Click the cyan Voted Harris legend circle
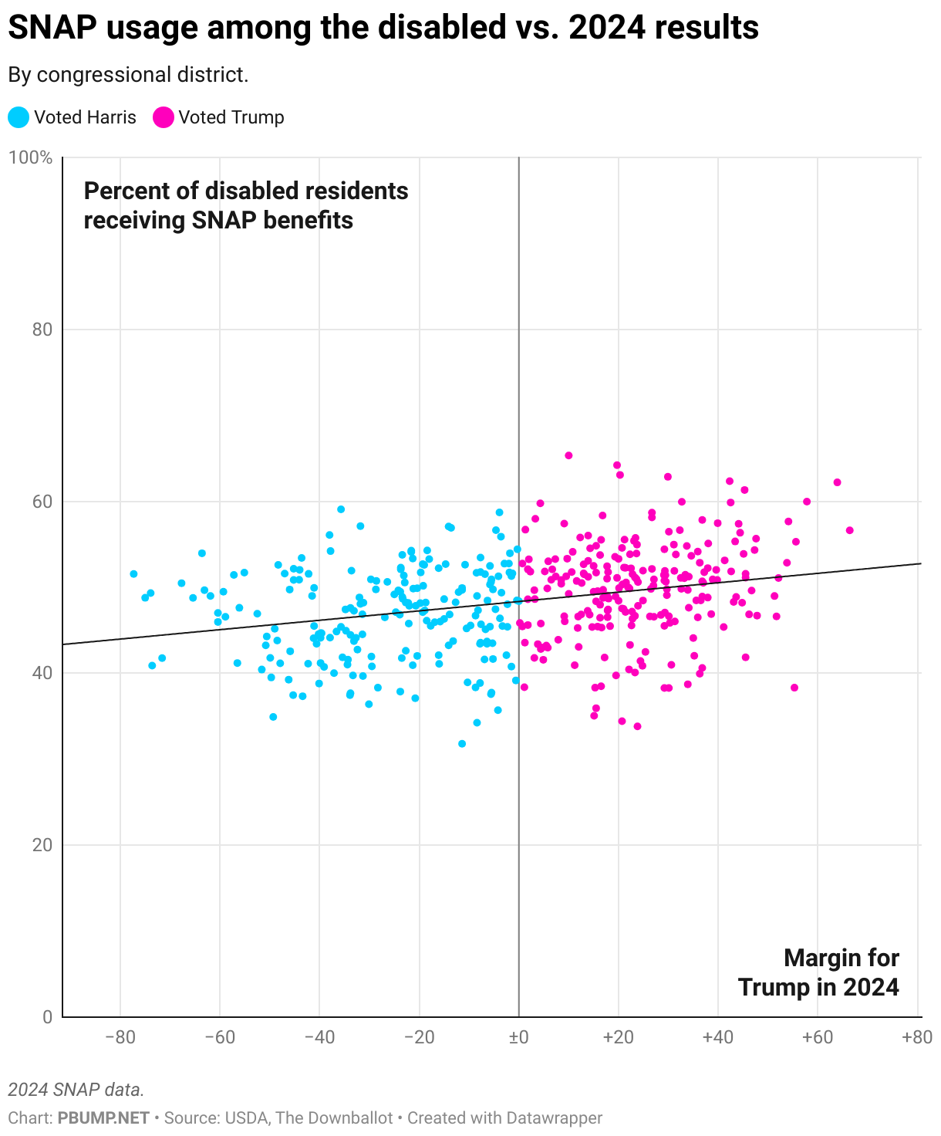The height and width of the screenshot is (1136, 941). pos(19,117)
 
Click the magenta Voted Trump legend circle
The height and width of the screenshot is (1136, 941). pos(163,117)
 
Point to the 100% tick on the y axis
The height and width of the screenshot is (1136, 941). pos(30,158)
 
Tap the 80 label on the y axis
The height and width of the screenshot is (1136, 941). pos(42,330)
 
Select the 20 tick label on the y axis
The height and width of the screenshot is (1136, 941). pos(42,845)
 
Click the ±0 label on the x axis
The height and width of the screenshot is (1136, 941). pos(518,1037)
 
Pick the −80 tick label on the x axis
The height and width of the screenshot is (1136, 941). pos(120,1037)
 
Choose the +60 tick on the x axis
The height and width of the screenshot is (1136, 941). pos(817,1037)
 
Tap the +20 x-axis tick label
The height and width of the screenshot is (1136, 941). pos(618,1037)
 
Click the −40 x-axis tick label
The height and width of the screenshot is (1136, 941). pos(319,1037)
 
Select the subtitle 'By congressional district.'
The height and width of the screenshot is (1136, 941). pos(128,75)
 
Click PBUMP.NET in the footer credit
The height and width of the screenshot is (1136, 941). pos(103,1117)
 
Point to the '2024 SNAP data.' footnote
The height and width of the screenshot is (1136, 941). pos(76,1090)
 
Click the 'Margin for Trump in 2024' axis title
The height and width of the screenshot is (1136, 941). pos(818,972)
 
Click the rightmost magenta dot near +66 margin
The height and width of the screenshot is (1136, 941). pos(849,530)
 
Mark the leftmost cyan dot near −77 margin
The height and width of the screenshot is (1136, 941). pos(133,574)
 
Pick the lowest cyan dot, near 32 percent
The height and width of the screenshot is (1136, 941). pos(462,744)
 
